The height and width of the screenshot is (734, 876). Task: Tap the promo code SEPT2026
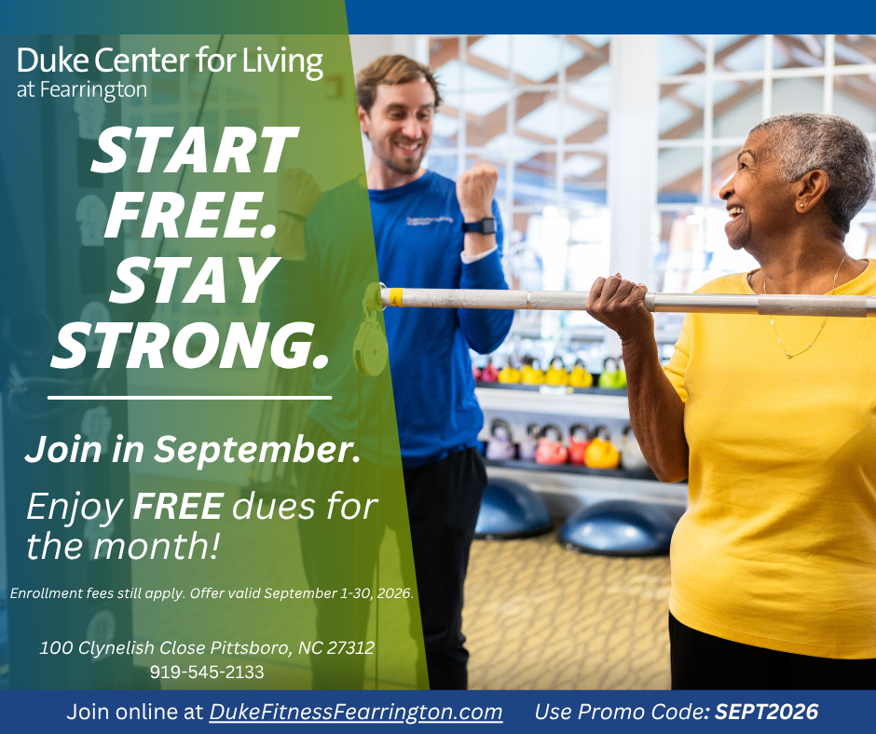tap(766, 712)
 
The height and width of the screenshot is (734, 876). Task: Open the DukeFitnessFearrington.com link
tap(356, 713)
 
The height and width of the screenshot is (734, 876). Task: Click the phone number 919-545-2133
tap(207, 672)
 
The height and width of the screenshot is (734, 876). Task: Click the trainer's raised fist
tap(476, 190)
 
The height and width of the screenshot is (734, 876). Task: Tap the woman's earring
tap(801, 206)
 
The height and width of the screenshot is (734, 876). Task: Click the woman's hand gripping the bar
tap(617, 305)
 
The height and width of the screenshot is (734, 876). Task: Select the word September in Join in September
tap(257, 450)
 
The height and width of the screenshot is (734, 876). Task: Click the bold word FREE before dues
tap(179, 506)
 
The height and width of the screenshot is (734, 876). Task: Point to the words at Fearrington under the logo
tap(82, 90)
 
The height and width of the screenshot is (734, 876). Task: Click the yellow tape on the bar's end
tap(395, 297)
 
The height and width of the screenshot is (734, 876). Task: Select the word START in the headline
tap(194, 150)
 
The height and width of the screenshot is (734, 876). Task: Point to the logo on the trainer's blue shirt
tap(429, 221)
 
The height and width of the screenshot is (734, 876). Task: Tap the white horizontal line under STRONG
tap(190, 398)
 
